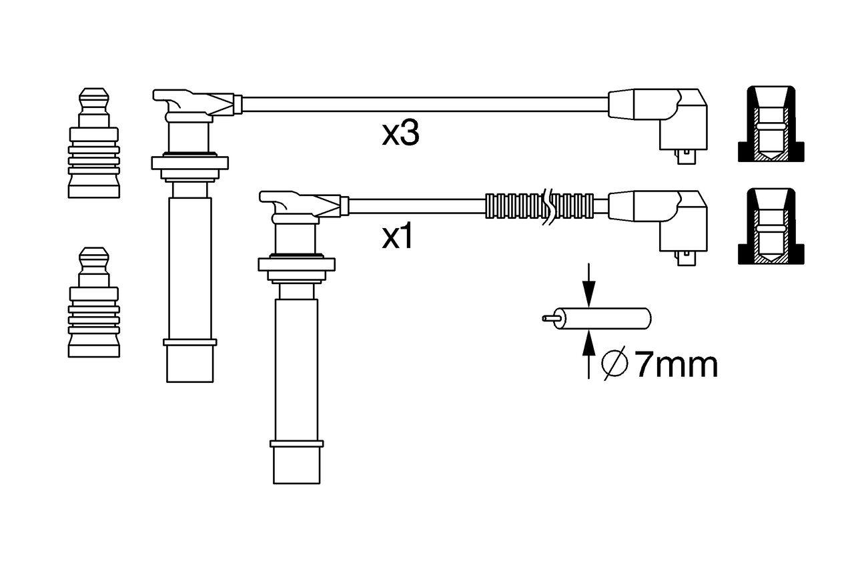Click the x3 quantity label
[400, 134]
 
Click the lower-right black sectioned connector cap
[769, 227]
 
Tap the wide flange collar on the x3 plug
[190, 162]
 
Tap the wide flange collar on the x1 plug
[296, 264]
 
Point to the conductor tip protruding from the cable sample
[550, 318]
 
